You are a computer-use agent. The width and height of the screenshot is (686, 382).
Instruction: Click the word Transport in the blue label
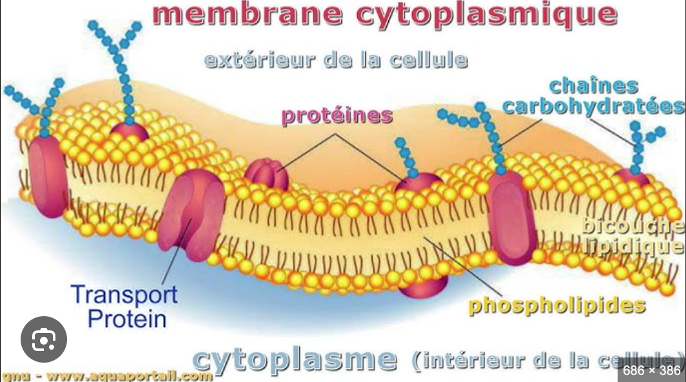coord(124,295)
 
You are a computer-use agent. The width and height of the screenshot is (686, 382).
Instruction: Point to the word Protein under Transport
coord(127,318)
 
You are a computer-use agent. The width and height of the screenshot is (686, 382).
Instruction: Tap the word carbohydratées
coord(593,106)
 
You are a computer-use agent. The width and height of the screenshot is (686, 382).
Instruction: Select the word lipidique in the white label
coord(633,246)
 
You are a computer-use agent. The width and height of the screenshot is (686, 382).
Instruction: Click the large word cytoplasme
coord(295,359)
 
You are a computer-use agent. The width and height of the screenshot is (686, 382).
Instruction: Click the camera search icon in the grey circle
coord(44,339)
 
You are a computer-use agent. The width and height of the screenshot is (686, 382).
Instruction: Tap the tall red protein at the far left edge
coord(46,176)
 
